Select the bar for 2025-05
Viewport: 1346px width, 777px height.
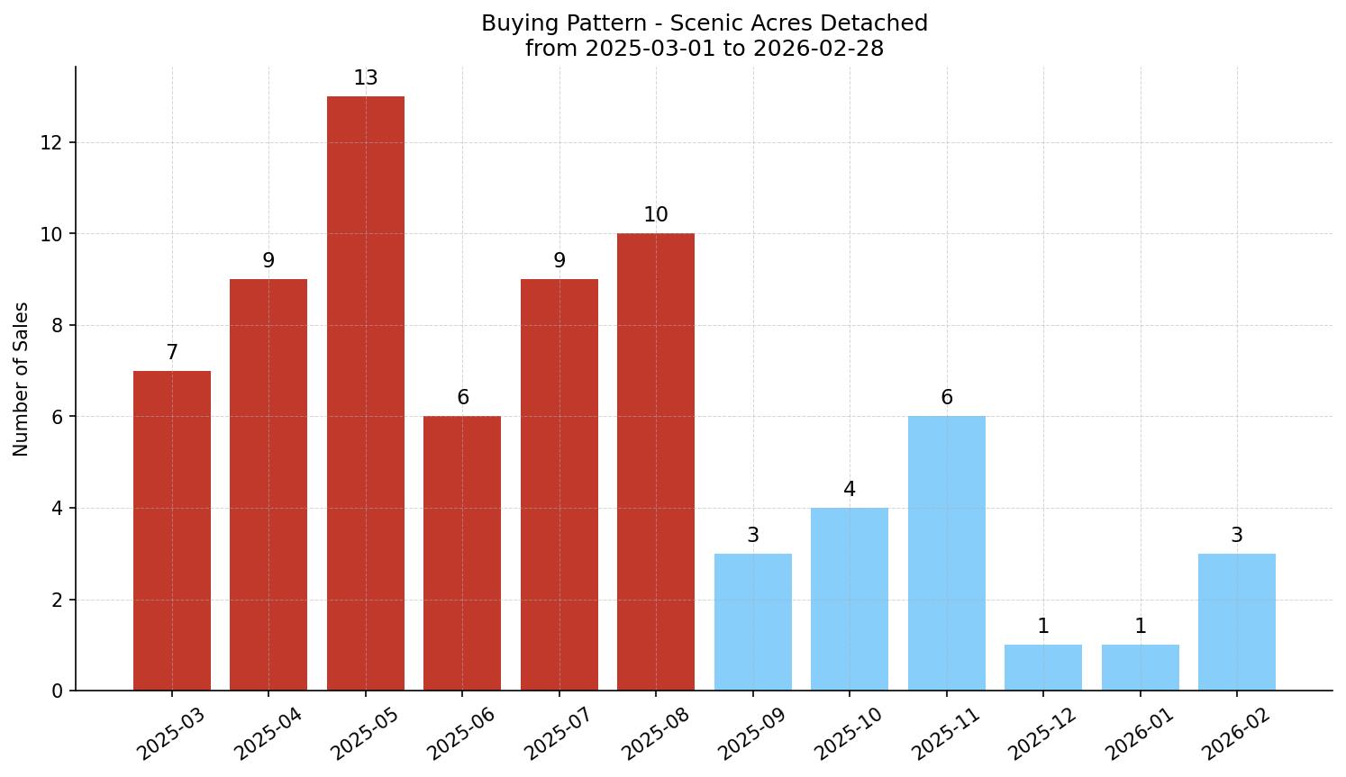[365, 393]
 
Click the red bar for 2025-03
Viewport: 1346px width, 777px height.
[171, 530]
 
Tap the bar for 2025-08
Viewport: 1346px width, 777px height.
[655, 462]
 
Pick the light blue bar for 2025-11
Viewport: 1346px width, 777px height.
[946, 553]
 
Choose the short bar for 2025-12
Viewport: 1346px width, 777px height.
[1042, 667]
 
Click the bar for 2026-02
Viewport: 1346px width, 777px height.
[1236, 622]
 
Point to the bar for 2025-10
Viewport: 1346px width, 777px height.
[849, 599]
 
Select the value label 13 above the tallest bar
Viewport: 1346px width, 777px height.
[365, 78]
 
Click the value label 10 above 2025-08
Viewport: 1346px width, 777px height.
[655, 215]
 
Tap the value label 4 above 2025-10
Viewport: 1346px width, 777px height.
[849, 490]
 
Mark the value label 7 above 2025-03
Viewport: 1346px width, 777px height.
[171, 353]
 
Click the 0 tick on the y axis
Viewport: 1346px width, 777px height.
[58, 691]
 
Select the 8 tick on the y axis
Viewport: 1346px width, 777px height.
[58, 325]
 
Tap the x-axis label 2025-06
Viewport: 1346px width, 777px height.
[459, 734]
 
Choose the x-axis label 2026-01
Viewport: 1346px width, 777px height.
[1139, 734]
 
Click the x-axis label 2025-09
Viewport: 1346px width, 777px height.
[750, 734]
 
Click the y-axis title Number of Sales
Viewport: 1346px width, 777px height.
[22, 379]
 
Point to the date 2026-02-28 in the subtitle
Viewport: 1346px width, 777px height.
[818, 49]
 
